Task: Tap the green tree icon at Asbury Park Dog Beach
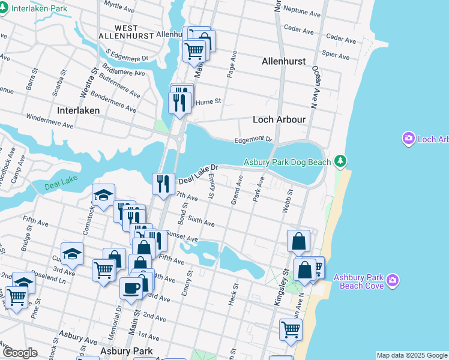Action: pyautogui.click(x=340, y=161)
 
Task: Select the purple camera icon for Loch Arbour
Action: pyautogui.click(x=409, y=139)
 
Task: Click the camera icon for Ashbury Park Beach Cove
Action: pyautogui.click(x=393, y=280)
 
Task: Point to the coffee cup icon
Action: pyautogui.click(x=131, y=288)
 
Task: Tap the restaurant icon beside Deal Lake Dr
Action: pyautogui.click(x=163, y=184)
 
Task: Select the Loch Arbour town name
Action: pyautogui.click(x=279, y=119)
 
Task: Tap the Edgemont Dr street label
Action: pyautogui.click(x=253, y=139)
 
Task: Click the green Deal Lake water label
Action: pyautogui.click(x=61, y=187)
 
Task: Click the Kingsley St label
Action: pyautogui.click(x=282, y=288)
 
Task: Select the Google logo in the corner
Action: pyautogui.click(x=20, y=353)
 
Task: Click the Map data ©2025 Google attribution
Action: pyautogui.click(x=412, y=355)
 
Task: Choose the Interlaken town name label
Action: pyautogui.click(x=78, y=111)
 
